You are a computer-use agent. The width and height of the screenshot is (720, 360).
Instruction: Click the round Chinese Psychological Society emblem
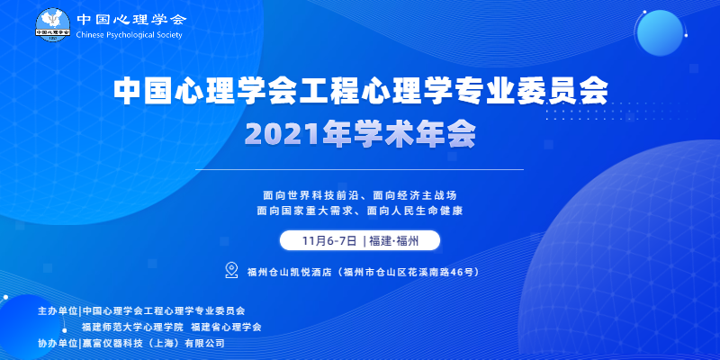pyautogui.click(x=53, y=24)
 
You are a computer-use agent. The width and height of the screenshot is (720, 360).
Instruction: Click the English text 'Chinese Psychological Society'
pyautogui.click(x=130, y=35)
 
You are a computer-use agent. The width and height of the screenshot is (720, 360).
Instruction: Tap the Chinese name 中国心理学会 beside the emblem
pyautogui.click(x=131, y=19)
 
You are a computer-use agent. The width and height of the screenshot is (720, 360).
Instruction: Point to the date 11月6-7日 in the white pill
pyautogui.click(x=329, y=240)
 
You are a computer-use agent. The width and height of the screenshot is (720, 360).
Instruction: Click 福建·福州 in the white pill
pyautogui.click(x=393, y=240)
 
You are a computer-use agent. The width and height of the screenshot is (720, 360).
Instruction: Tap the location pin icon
pyautogui.click(x=231, y=270)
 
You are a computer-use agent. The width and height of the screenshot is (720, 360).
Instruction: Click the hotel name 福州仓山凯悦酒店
pyautogui.click(x=289, y=272)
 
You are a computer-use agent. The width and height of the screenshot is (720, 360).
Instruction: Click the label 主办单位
pyautogui.click(x=58, y=310)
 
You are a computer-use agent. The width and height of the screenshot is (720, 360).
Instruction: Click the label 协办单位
pyautogui.click(x=58, y=343)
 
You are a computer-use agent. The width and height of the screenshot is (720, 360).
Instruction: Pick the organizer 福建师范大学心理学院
pyautogui.click(x=132, y=327)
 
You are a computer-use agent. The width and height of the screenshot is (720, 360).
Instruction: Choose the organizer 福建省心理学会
pyautogui.click(x=226, y=327)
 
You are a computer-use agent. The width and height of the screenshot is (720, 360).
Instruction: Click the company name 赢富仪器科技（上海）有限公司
pyautogui.click(x=153, y=343)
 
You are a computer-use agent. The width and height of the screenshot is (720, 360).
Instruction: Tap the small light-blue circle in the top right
pyautogui.click(x=660, y=33)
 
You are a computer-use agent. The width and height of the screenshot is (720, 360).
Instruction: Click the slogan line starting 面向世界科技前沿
pyautogui.click(x=360, y=195)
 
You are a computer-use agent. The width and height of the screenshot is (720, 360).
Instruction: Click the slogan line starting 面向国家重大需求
pyautogui.click(x=359, y=211)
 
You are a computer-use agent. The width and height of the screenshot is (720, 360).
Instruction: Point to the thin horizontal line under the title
pyautogui.click(x=359, y=169)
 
